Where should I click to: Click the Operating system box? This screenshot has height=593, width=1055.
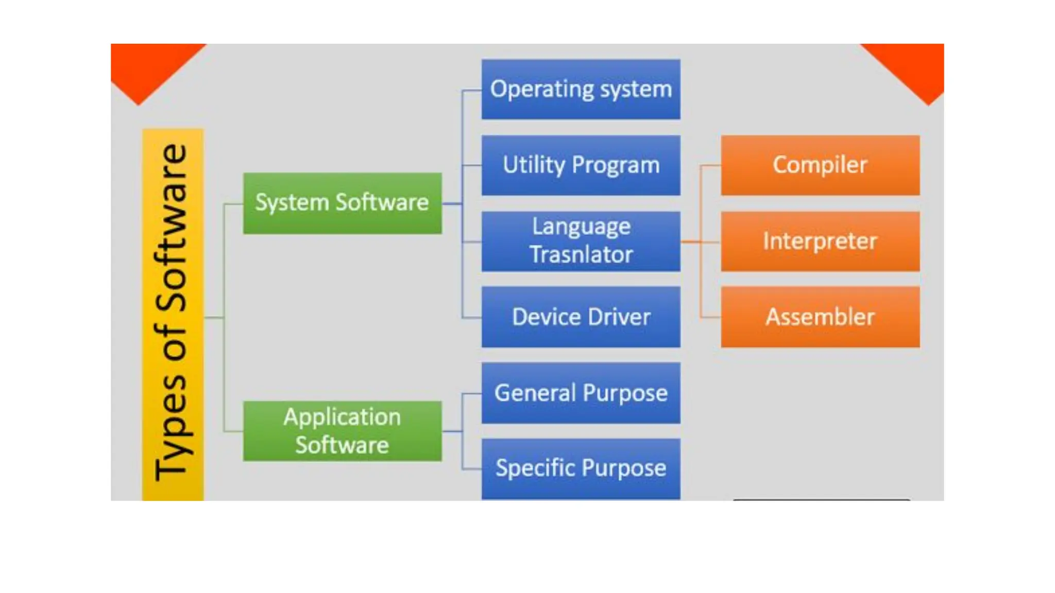(x=581, y=89)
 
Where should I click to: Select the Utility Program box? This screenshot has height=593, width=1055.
(x=581, y=165)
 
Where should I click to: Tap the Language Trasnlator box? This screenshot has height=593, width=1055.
(x=581, y=241)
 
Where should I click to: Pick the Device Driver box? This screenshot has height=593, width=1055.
(x=581, y=317)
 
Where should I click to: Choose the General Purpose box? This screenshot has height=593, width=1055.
(x=581, y=393)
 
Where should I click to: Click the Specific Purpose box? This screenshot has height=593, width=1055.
(x=581, y=468)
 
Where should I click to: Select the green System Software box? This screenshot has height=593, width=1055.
(x=342, y=203)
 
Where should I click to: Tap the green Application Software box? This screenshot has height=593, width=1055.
(x=342, y=431)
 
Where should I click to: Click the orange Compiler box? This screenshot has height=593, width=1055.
(x=820, y=165)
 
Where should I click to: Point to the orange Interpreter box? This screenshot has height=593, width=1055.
(x=820, y=241)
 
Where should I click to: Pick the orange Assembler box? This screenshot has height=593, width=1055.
(x=820, y=317)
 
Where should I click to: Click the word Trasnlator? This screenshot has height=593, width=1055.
(x=581, y=255)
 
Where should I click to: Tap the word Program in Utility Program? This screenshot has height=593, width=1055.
(x=616, y=165)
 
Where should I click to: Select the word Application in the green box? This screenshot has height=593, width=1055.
(x=342, y=417)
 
